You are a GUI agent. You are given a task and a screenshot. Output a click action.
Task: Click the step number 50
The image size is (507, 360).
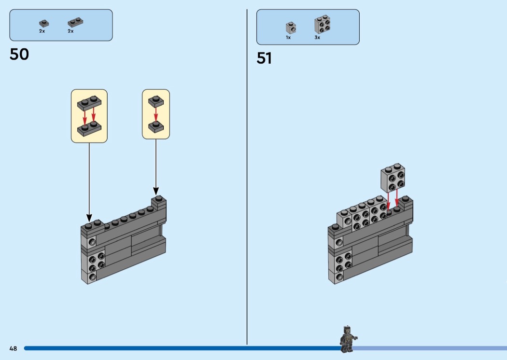(19, 55)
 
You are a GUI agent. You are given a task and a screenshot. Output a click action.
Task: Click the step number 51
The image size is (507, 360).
(264, 58)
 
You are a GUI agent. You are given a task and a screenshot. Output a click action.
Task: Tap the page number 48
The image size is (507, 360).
(13, 348)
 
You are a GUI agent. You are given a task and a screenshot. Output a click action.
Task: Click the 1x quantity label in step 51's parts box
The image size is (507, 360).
(288, 37)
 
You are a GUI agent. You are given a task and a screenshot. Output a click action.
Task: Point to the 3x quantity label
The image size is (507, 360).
(317, 37)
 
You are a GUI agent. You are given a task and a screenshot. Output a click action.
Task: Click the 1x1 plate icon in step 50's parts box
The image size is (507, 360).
(44, 23)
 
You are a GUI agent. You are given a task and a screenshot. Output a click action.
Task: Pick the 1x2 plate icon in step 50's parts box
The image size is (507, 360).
(74, 22)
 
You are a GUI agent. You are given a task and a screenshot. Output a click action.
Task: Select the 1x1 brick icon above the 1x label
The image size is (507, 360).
(290, 27)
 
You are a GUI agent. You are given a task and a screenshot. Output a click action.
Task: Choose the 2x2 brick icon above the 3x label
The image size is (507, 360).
(322, 24)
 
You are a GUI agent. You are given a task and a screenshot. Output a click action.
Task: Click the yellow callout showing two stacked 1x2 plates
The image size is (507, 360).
(89, 116)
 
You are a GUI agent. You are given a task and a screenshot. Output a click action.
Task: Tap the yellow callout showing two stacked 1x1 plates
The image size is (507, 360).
(156, 114)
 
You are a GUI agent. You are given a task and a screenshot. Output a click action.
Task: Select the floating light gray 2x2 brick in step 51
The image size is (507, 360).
(393, 177)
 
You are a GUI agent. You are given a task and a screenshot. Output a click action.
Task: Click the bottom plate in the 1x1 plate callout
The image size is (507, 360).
(155, 126)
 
